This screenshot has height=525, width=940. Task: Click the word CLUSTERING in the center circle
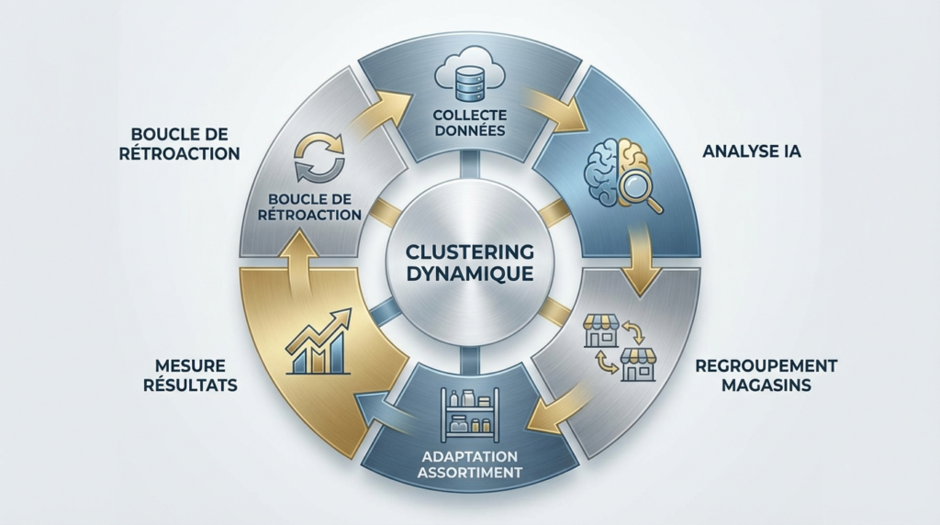(x=470, y=251)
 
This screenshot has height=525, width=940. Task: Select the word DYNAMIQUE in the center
(x=470, y=273)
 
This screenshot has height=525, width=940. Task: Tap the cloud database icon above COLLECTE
(x=469, y=76)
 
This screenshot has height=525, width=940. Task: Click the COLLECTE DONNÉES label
(x=469, y=123)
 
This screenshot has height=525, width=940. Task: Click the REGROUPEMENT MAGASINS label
(x=766, y=375)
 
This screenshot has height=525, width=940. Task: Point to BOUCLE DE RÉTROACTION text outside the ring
(x=178, y=143)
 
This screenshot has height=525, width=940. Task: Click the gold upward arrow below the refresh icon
(x=296, y=257)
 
